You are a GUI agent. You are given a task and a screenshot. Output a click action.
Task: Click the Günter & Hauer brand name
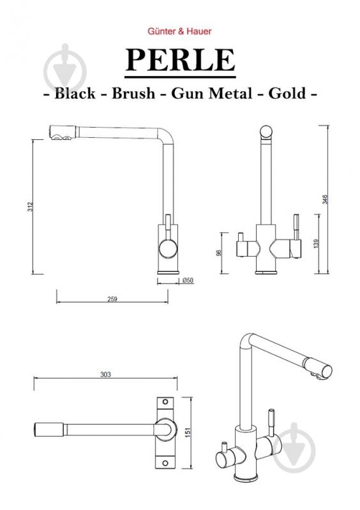[x=179, y=31]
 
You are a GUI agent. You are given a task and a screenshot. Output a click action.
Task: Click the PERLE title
[x=180, y=60]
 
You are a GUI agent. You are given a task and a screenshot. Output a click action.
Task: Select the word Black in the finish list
[x=75, y=93]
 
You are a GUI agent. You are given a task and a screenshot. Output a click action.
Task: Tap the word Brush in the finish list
[x=133, y=93]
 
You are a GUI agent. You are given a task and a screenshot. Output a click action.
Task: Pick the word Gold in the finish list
[x=287, y=93]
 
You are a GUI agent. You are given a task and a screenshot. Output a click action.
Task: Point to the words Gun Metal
[x=212, y=93]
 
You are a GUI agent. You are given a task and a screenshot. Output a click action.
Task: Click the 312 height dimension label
[x=30, y=207]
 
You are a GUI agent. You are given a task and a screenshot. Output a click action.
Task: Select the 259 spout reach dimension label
[x=112, y=299]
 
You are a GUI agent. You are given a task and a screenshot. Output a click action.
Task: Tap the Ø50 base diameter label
[x=188, y=280]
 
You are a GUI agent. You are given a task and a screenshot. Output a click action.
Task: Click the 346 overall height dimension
[x=324, y=199]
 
